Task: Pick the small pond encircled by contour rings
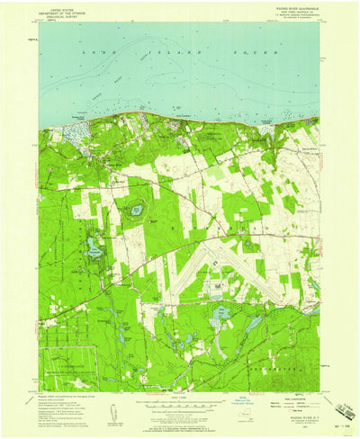tap(136, 210)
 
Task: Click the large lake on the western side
tap(94, 249)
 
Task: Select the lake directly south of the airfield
tap(220, 315)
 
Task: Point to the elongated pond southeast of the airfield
tap(254, 323)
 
